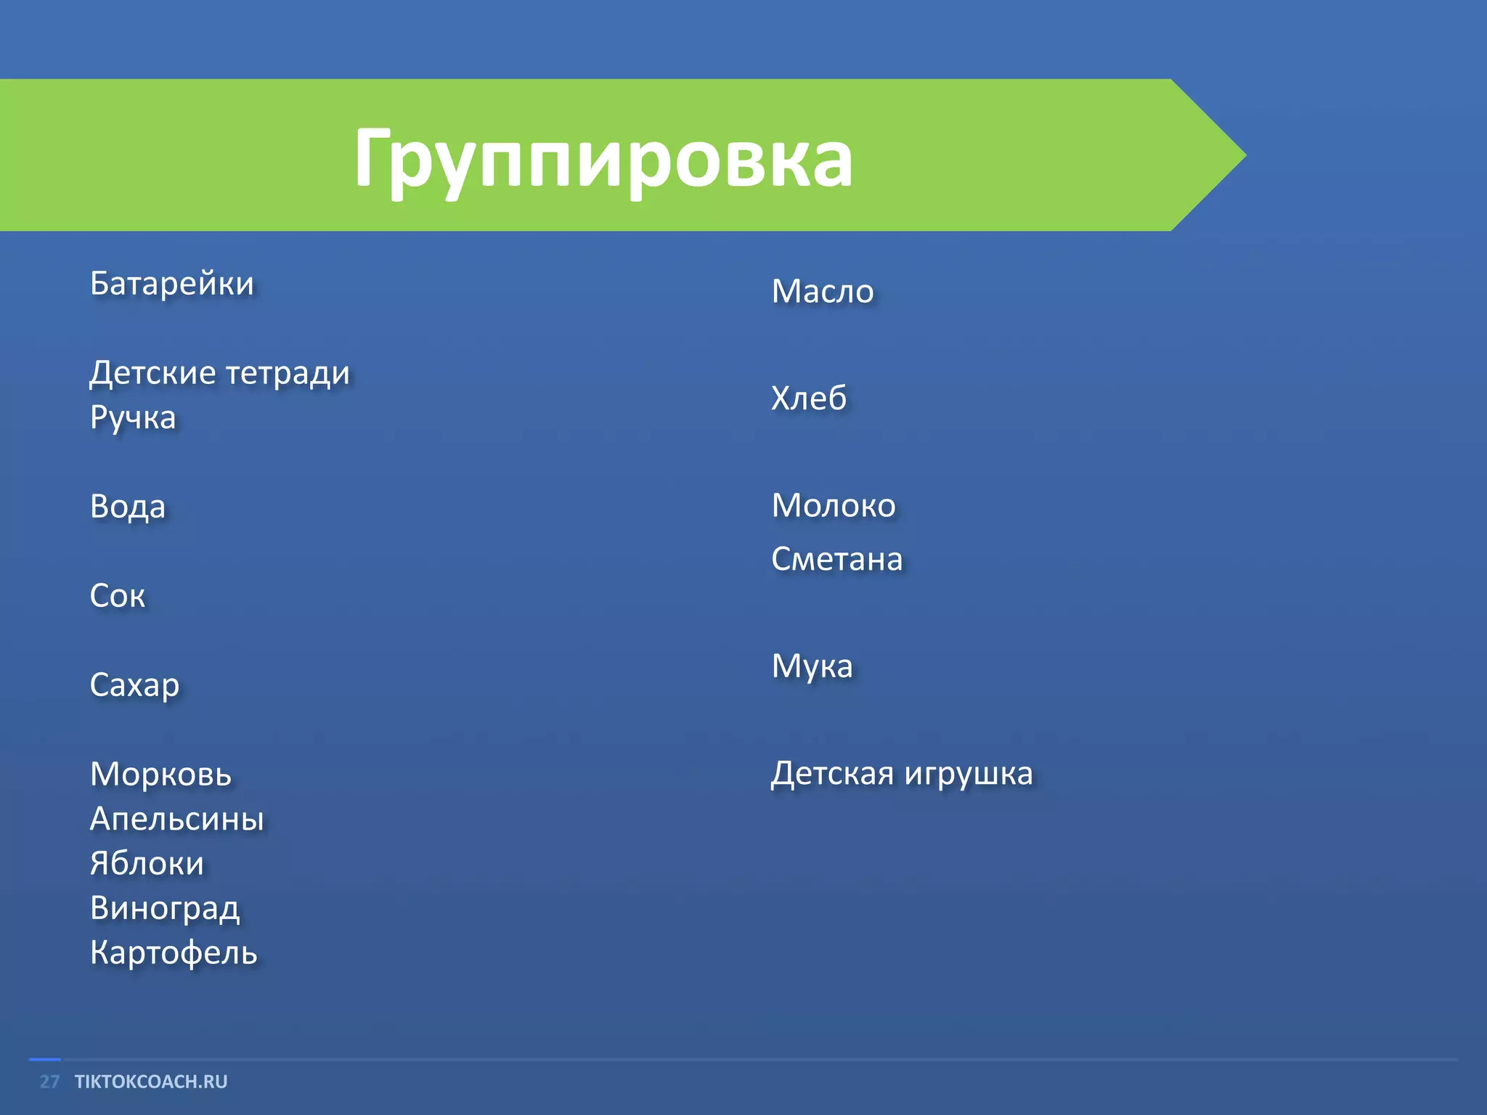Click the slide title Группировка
point(603,158)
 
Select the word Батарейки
point(172,283)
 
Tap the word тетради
point(288,373)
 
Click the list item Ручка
point(133,418)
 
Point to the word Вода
point(128,507)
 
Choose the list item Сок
point(118,596)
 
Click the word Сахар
point(134,685)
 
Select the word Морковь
point(160,774)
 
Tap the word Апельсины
point(176,819)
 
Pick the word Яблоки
point(147,864)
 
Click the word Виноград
point(165,909)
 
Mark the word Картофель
point(174,953)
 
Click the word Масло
point(823,291)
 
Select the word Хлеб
point(809,399)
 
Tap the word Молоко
point(834,505)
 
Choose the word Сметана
point(836,559)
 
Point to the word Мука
point(812,666)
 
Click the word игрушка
point(968,774)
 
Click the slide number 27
point(49,1082)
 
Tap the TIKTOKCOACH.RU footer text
point(151,1082)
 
